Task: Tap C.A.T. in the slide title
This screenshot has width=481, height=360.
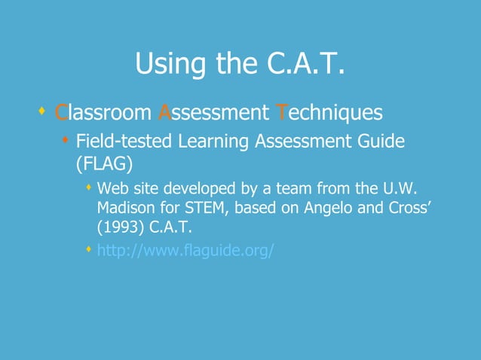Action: [307, 65]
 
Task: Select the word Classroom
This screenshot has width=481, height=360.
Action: [103, 113]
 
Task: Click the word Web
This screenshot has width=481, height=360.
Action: [114, 187]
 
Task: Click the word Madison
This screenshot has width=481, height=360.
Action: [127, 207]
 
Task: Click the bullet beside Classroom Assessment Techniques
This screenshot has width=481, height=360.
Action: [41, 112]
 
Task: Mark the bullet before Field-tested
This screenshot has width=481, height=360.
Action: [66, 139]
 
